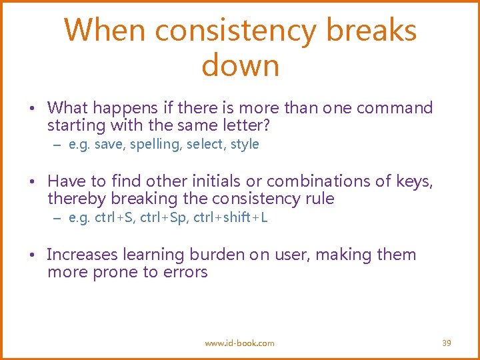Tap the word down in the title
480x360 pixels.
[x=240, y=66]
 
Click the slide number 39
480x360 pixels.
[x=447, y=343]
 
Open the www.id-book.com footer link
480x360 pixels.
[x=239, y=343]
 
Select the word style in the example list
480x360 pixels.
[x=244, y=144]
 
